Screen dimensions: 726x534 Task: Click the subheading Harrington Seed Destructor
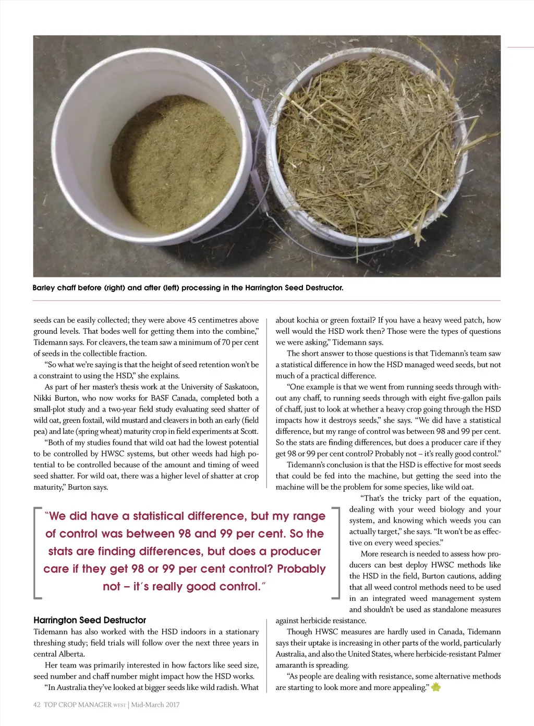coord(90,620)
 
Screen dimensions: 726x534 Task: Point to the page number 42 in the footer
coord(37,705)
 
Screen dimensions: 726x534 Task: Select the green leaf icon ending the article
coord(436,687)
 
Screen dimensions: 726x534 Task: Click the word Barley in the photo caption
coord(44,288)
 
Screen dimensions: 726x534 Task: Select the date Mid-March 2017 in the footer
coord(155,705)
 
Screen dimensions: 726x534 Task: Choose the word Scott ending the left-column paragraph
coord(249,431)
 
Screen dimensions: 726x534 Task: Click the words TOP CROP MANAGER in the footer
coord(78,705)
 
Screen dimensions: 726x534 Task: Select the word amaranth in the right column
coord(292,665)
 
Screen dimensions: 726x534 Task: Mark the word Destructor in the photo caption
coord(324,288)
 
